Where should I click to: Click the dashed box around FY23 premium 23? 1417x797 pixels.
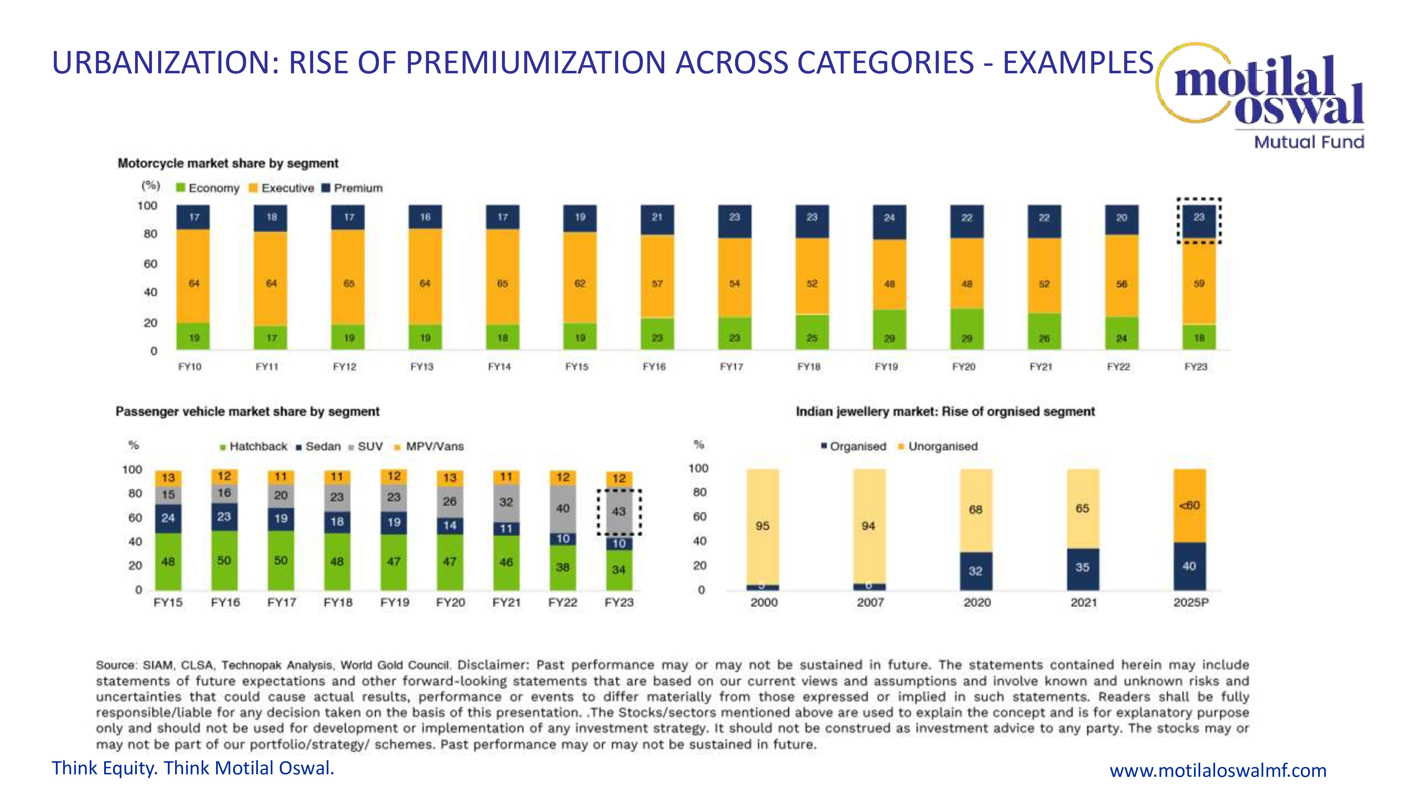[x=1199, y=221]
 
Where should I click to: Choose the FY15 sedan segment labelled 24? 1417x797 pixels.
[x=168, y=518]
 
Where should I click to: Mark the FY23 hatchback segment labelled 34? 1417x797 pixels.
[x=619, y=570]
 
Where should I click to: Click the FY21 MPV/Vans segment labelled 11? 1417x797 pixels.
[x=506, y=477]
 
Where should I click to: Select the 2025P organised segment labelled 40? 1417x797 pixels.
[x=1189, y=566]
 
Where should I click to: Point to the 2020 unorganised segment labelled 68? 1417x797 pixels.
[x=976, y=510]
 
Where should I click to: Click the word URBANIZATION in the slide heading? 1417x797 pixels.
[x=165, y=62]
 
